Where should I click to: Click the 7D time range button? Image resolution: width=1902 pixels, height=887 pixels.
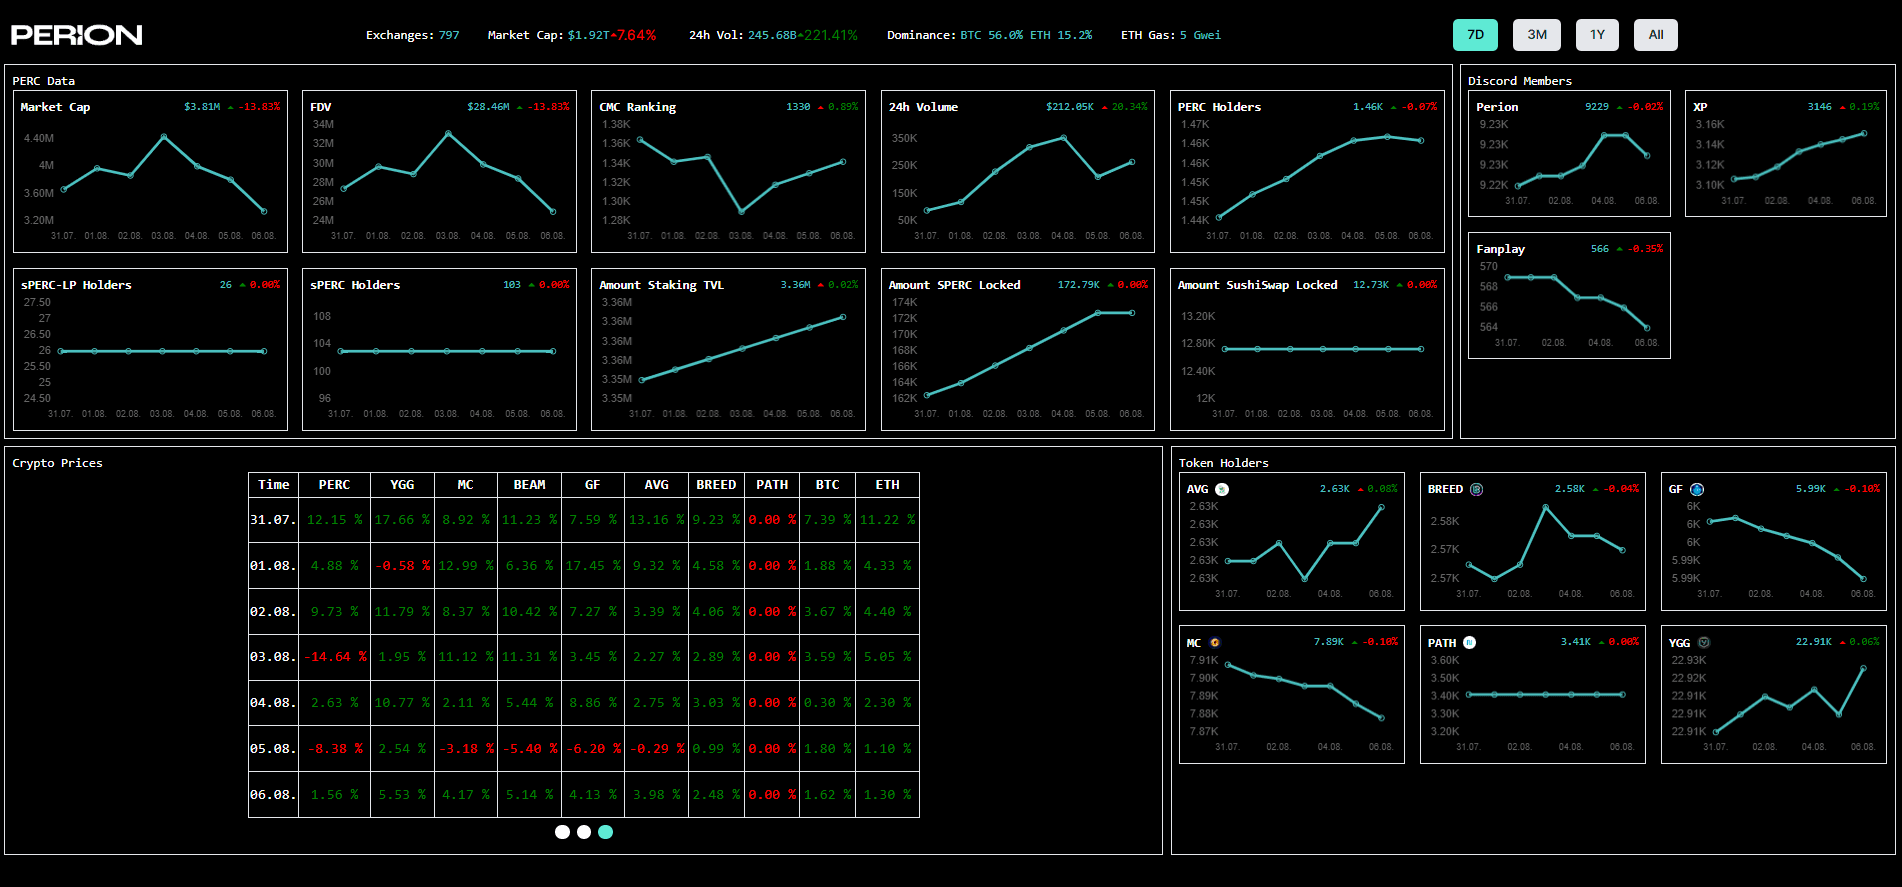(x=1475, y=35)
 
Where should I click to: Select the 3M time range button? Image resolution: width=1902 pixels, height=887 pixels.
(x=1537, y=35)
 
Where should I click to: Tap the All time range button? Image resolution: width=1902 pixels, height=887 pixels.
(x=1656, y=35)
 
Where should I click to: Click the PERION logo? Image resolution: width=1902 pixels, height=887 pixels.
(x=77, y=35)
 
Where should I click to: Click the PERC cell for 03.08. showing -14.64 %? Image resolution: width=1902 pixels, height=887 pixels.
(x=335, y=657)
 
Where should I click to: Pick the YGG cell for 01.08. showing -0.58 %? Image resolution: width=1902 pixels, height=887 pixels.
(x=402, y=566)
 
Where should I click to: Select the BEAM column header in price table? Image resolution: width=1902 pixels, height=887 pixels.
(x=529, y=485)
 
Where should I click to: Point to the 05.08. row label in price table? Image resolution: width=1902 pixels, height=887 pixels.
(x=273, y=749)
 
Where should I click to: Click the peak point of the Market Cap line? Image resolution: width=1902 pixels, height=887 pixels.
(x=164, y=136)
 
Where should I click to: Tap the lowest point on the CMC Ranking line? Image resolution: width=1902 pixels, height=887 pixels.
(x=741, y=212)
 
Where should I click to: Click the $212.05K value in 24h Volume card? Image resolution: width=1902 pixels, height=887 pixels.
(x=1069, y=107)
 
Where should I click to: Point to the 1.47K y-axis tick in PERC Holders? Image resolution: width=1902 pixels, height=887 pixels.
(x=1194, y=125)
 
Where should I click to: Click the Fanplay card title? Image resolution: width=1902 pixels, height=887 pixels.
(x=1500, y=249)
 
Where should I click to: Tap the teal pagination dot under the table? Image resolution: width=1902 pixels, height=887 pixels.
(x=605, y=832)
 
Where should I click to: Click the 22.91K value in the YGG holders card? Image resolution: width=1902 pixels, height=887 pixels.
(x=1813, y=642)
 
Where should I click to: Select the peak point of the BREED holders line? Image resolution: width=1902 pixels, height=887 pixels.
(x=1546, y=507)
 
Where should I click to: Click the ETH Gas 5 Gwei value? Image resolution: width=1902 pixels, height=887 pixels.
(x=1200, y=35)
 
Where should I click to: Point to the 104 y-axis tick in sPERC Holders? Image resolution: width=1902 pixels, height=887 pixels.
(x=322, y=344)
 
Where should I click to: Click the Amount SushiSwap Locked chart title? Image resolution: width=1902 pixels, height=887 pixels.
(x=1257, y=285)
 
